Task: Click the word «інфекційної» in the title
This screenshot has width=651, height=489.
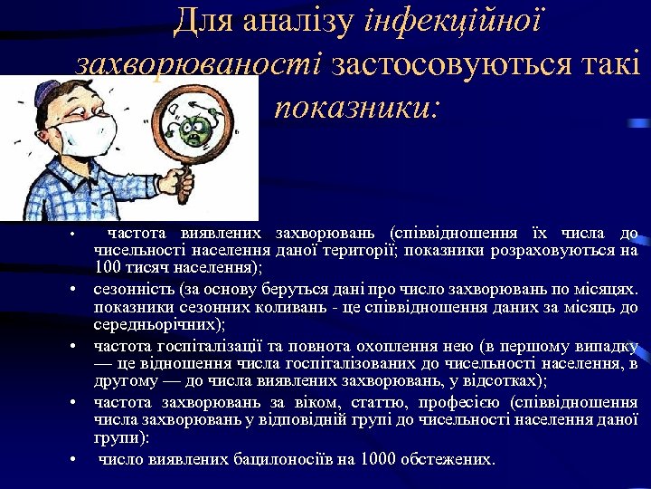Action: pyautogui.click(x=452, y=20)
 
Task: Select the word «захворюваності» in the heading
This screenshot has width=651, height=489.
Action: pyautogui.click(x=199, y=64)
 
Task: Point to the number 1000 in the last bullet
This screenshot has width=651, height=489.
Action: pyautogui.click(x=378, y=459)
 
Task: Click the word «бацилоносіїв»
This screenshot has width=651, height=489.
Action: pyautogui.click(x=288, y=459)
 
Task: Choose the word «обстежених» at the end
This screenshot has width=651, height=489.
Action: pyautogui.click(x=448, y=459)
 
